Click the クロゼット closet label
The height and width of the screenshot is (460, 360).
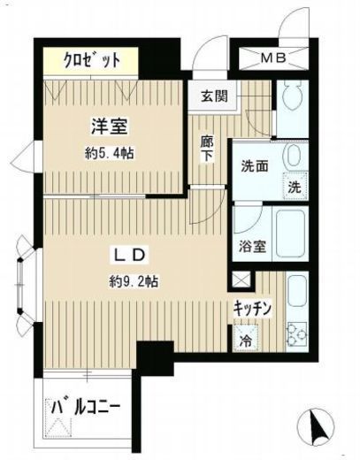92,60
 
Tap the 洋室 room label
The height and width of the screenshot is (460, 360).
110,126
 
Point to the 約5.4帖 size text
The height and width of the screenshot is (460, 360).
110,154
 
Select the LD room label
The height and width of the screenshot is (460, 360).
129,255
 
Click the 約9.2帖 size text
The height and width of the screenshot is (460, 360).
134,282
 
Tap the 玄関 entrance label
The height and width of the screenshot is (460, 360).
215,96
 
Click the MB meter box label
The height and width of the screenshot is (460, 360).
273,58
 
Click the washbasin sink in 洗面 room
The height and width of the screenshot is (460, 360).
292,156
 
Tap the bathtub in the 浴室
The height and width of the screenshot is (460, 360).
290,234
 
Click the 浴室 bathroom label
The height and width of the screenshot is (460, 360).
252,246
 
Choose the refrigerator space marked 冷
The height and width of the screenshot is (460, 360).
245,338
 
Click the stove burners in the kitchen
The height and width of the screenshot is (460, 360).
297,333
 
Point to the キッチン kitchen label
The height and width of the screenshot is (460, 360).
252,309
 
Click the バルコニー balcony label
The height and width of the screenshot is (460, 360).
86,408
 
